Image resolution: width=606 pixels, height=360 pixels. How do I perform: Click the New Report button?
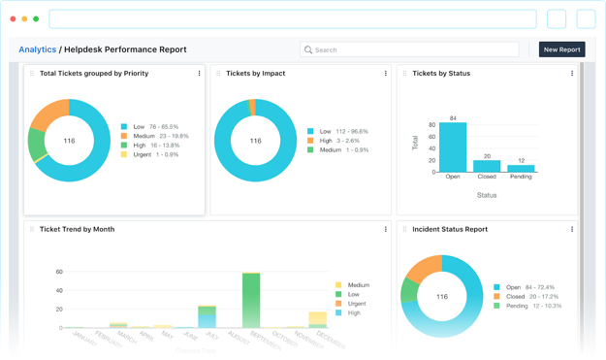562,49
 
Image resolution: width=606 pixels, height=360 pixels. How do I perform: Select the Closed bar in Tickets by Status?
487,166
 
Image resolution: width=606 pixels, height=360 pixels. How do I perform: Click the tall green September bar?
251,300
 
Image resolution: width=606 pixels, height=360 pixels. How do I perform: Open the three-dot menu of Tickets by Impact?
386,73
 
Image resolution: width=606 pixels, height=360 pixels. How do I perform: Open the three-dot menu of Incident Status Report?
572,230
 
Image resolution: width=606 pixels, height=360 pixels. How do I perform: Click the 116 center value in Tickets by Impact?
255,141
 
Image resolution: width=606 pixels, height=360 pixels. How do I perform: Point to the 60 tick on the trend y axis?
59,273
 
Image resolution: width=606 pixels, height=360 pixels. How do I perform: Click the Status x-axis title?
487,195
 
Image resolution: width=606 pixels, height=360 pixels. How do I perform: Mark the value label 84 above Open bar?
453,118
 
